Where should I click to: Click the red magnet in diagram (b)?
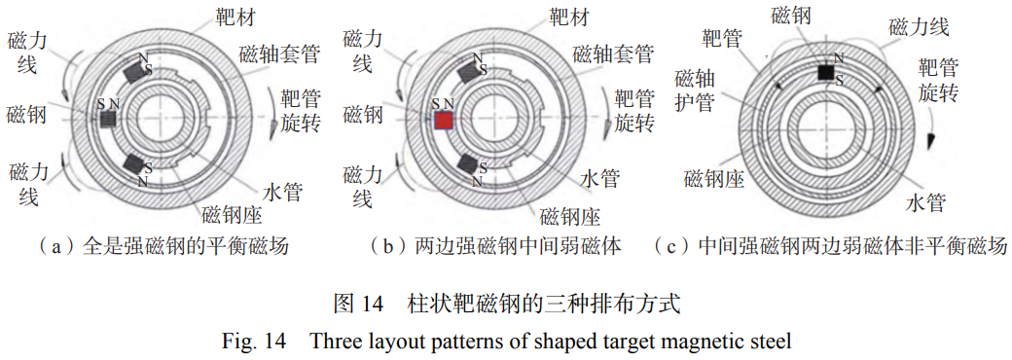point(444,120)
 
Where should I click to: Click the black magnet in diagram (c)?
point(825,72)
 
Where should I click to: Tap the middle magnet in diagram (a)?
point(109,118)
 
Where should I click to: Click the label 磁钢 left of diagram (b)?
point(363,116)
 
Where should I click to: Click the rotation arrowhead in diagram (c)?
point(931,139)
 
